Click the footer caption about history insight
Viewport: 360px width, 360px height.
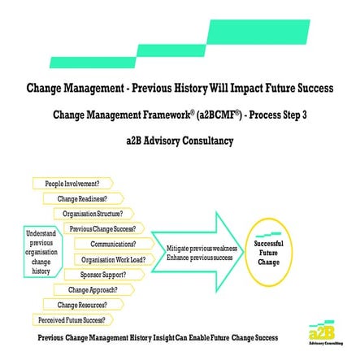(158, 335)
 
